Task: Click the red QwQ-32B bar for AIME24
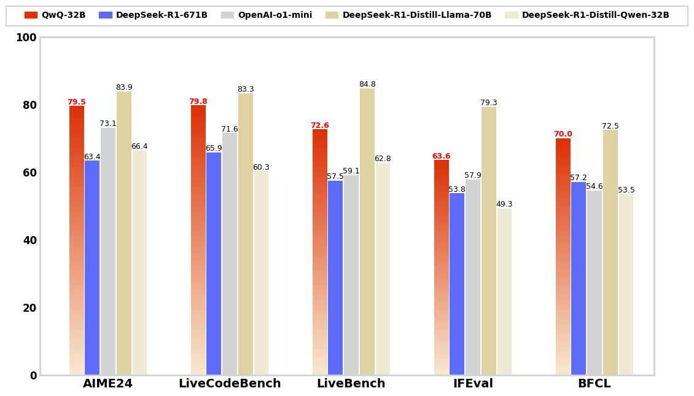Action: click(77, 240)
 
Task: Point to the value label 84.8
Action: click(367, 85)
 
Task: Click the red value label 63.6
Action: click(441, 157)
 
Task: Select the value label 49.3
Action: click(504, 205)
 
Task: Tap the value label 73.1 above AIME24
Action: click(108, 124)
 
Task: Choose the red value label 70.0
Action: click(563, 135)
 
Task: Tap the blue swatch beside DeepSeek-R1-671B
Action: click(105, 15)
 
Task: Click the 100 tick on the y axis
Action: click(26, 38)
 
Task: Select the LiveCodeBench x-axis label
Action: click(230, 384)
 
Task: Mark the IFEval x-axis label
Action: click(473, 384)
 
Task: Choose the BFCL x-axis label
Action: click(594, 384)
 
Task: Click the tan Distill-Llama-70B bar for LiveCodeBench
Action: click(246, 234)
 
